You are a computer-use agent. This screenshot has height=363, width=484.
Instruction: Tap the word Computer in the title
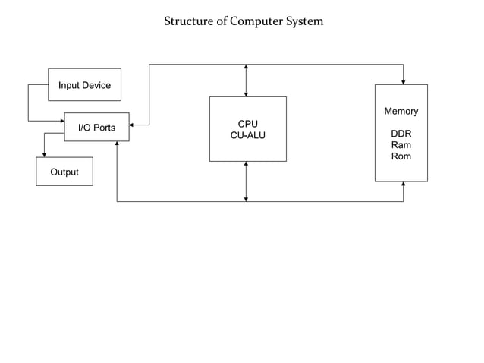point(255,21)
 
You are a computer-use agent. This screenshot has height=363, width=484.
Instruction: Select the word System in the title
point(304,21)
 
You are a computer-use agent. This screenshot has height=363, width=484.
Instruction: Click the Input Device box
point(84,85)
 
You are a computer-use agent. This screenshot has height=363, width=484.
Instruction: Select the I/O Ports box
point(96,128)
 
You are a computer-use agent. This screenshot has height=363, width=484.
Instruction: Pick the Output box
point(64,172)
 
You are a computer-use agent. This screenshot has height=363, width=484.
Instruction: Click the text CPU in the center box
point(247,123)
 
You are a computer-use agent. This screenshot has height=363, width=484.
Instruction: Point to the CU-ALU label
point(247,135)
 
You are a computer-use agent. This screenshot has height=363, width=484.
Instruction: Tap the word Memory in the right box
point(401,111)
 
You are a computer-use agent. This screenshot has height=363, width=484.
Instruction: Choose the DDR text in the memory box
point(401,134)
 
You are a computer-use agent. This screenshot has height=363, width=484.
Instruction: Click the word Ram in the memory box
point(401,145)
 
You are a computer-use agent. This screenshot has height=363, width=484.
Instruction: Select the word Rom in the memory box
point(401,156)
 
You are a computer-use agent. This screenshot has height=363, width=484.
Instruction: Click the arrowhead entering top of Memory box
point(403,81)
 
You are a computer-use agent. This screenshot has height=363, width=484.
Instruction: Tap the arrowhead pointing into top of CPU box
point(246,93)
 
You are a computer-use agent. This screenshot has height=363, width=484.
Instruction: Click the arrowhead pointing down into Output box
point(44,154)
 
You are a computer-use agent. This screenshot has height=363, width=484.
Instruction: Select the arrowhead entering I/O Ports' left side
point(61,121)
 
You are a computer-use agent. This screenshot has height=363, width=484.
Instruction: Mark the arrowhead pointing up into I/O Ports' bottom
point(117,145)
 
